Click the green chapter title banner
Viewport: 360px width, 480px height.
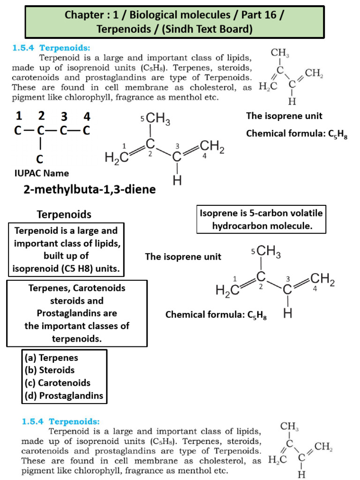pyautogui.click(x=175, y=22)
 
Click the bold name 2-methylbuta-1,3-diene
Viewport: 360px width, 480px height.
pyautogui.click(x=88, y=189)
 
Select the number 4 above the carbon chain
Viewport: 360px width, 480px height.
pyautogui.click(x=87, y=116)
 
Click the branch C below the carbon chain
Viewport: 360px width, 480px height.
pyautogui.click(x=40, y=159)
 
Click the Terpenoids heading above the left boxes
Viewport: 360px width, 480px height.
pyautogui.click(x=64, y=215)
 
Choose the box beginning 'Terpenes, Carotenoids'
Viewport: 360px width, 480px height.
pyautogui.click(x=77, y=313)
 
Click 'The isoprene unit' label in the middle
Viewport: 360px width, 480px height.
pyautogui.click(x=183, y=256)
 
